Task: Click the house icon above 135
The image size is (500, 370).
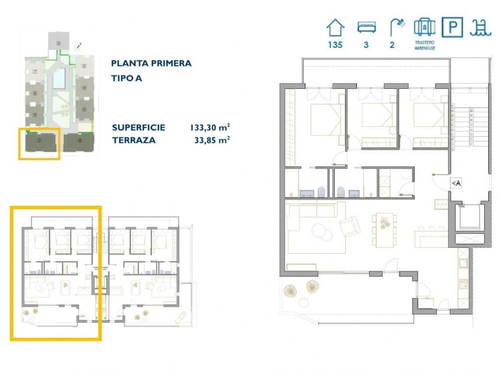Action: click(335, 27)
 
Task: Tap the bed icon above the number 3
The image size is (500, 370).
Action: click(366, 27)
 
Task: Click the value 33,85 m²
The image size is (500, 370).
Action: click(212, 140)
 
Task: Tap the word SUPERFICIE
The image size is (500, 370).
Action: click(138, 127)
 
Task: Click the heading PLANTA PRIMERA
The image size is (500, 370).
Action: click(151, 63)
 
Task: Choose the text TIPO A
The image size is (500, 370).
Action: click(127, 77)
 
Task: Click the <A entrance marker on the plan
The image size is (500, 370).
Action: click(456, 184)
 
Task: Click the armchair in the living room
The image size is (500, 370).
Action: click(350, 226)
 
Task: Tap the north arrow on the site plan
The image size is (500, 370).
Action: click(79, 45)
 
